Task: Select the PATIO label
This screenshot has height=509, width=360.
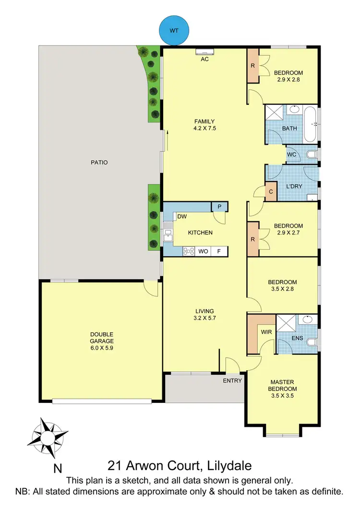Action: [99, 162]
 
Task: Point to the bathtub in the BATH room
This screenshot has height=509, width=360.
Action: [310, 123]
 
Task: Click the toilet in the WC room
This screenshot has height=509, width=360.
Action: [312, 154]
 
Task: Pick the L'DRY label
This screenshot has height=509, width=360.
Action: [293, 186]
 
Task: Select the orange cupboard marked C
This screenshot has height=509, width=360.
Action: [271, 192]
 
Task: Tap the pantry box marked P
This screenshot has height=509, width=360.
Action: [219, 206]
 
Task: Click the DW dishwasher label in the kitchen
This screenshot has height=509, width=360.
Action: [182, 217]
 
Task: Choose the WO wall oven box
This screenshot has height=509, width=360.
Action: [203, 251]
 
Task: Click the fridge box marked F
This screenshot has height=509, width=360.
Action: [219, 251]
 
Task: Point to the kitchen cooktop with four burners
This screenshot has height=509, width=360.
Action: [188, 251]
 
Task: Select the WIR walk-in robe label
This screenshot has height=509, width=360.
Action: [266, 332]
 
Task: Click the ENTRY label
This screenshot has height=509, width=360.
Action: [233, 381]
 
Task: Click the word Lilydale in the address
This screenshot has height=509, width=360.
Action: [225, 466]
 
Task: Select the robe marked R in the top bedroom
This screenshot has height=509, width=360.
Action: [252, 66]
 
